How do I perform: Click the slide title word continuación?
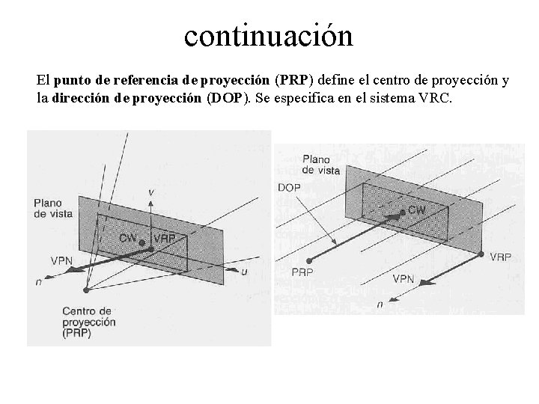[x=268, y=35]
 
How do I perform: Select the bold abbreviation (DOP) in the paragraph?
[x=228, y=98]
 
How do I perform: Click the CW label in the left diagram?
[x=130, y=238]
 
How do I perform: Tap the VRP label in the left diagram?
[x=165, y=238]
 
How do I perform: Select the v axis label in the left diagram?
[x=151, y=193]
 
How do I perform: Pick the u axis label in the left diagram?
[x=244, y=271]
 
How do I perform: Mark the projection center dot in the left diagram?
[x=88, y=290]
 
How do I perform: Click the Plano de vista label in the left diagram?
[x=52, y=208]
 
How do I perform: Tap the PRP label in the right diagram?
[x=302, y=271]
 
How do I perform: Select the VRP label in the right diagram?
[x=500, y=256]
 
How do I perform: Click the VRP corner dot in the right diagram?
[x=479, y=253]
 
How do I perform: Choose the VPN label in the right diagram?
[x=404, y=278]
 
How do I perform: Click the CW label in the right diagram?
[x=415, y=210]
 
